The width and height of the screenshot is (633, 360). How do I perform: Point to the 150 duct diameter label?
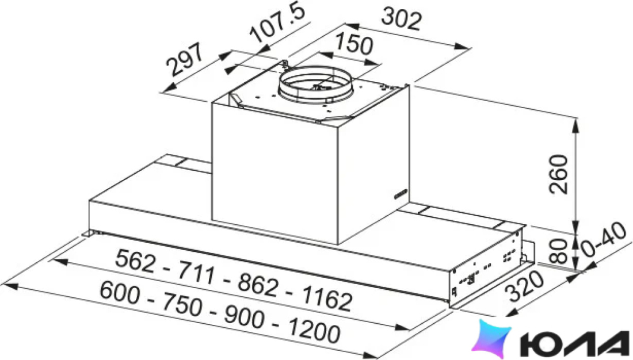click(354, 44)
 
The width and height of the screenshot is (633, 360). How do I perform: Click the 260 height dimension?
click(559, 174)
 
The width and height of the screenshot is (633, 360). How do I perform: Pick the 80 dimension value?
click(559, 251)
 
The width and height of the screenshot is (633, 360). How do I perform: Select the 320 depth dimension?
click(526, 286)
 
